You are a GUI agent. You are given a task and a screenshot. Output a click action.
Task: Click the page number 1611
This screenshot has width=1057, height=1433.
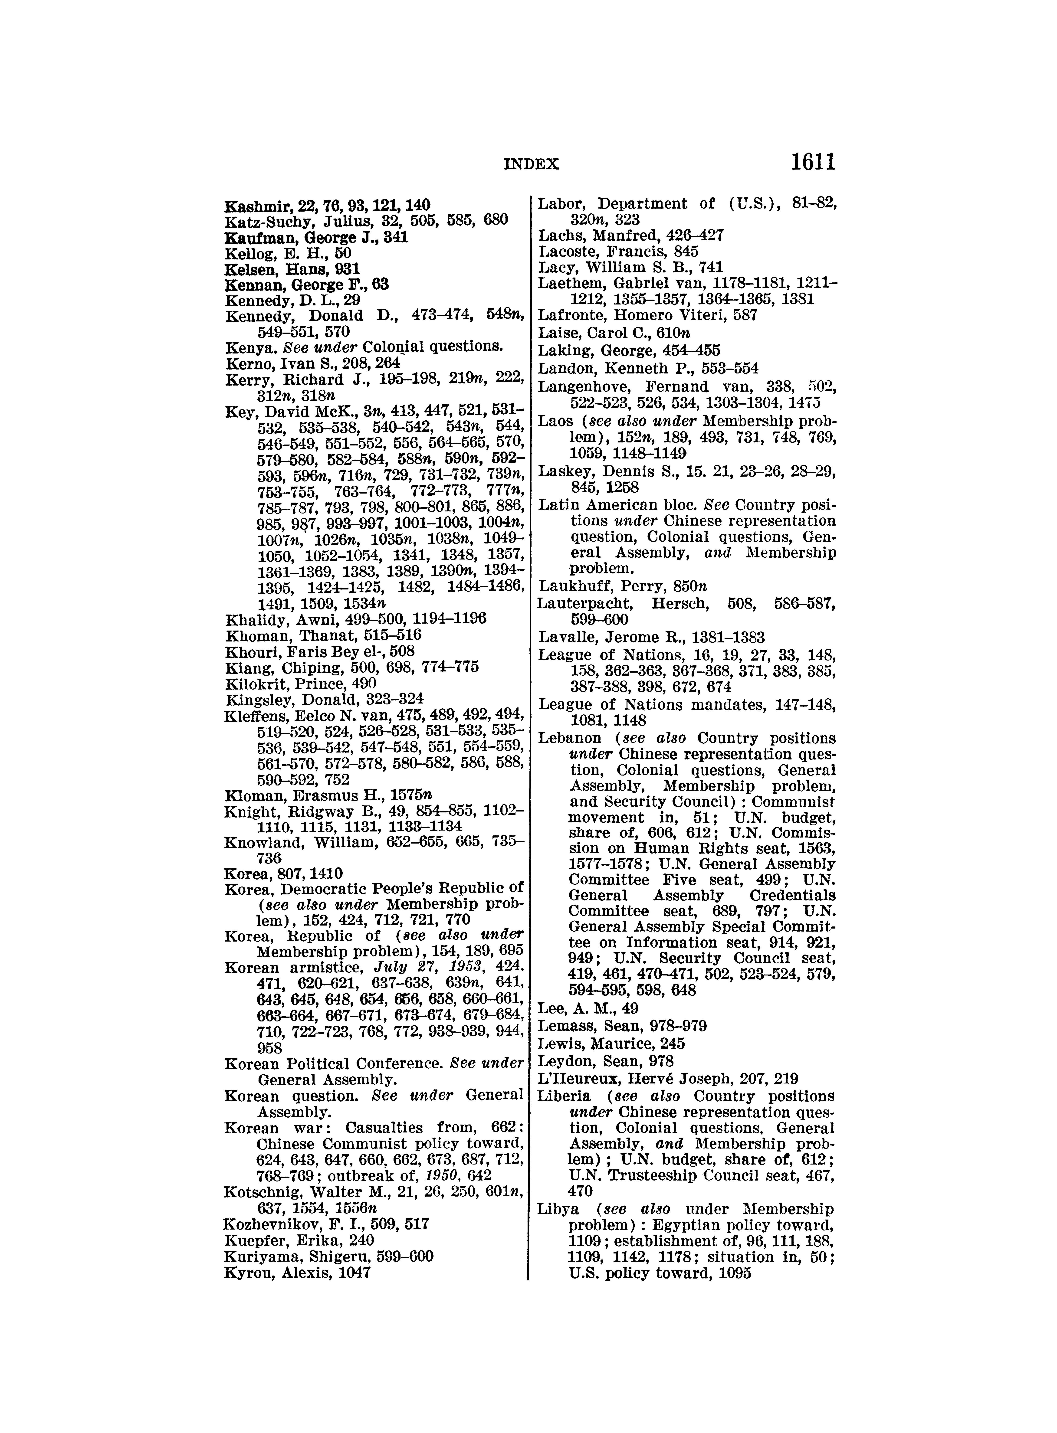click(813, 163)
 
